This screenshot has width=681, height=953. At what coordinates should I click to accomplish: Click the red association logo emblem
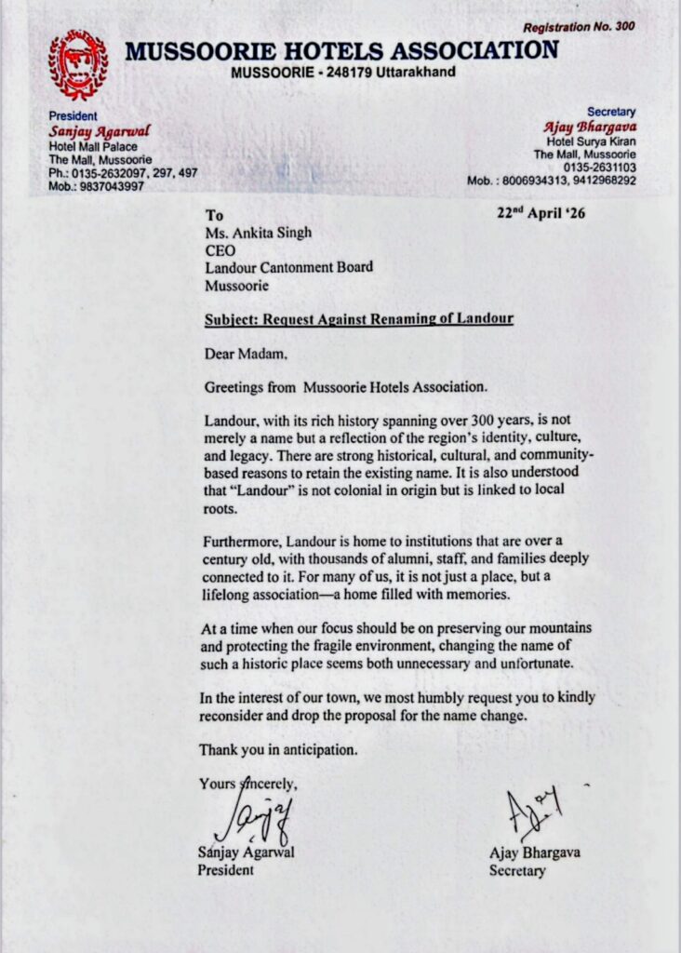[x=78, y=65]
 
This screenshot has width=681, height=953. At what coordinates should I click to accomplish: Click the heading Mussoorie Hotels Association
[x=341, y=50]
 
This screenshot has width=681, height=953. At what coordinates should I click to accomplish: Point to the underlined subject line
[x=359, y=319]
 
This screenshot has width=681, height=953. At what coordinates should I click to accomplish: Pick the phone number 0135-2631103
[x=600, y=167]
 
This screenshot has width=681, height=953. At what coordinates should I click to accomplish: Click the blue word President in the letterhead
[x=73, y=116]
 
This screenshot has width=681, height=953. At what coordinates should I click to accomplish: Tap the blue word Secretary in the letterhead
[x=610, y=111]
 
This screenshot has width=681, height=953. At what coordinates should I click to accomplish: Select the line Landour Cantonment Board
[x=288, y=267]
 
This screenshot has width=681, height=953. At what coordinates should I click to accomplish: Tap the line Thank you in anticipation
[x=278, y=749]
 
